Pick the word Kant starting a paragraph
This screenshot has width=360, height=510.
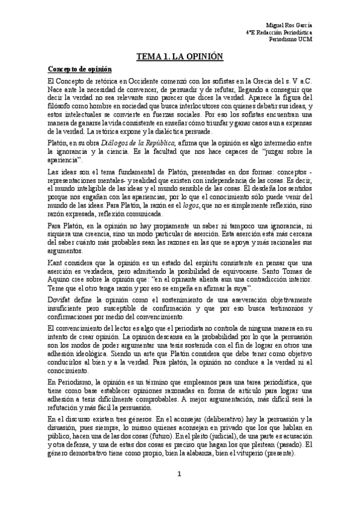click(x=56, y=263)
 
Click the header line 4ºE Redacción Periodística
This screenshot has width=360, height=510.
click(x=280, y=32)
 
